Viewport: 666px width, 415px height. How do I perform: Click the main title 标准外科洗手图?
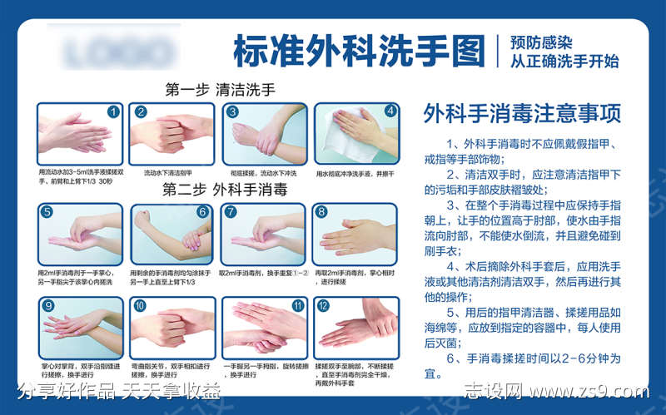(x=358, y=51)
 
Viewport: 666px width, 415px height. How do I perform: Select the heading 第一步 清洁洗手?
(x=220, y=89)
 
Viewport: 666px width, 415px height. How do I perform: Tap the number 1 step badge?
(x=115, y=111)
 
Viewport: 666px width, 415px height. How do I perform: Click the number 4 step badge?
(x=390, y=111)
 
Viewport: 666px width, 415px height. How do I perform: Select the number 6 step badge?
(x=202, y=211)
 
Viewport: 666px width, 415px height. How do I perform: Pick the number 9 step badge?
(x=48, y=305)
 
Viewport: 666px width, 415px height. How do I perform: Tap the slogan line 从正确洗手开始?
(x=564, y=61)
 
